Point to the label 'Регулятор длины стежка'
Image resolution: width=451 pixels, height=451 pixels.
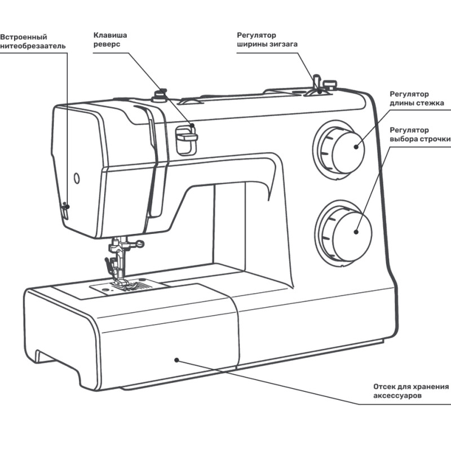[417, 99]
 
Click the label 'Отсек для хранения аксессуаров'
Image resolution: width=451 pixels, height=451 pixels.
[411, 391]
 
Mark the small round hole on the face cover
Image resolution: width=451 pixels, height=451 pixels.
[77, 179]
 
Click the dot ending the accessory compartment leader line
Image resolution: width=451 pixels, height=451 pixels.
[176, 359]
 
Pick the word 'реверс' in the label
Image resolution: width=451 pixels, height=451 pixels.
[106, 45]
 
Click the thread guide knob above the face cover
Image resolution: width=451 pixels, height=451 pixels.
[160, 92]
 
